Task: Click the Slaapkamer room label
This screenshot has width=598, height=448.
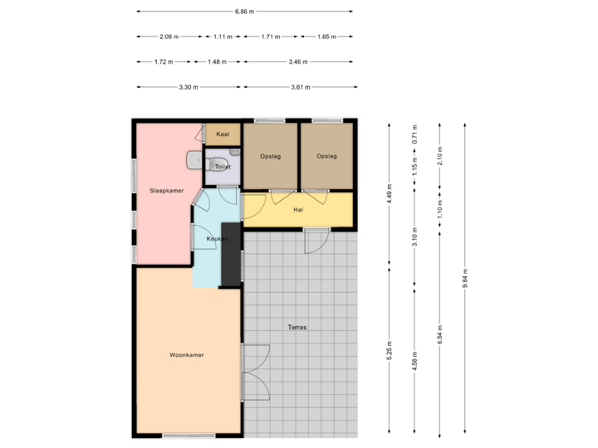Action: coord(166,191)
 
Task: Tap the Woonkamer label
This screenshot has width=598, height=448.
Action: coord(187,355)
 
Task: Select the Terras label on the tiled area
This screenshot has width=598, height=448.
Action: coord(297,328)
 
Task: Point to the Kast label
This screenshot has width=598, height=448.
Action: coord(223,134)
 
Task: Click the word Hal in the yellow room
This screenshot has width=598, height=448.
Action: coord(297,210)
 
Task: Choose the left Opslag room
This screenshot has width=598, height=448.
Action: coord(270,156)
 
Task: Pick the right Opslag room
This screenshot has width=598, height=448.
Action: coord(326,156)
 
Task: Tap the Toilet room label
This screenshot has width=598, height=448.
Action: coord(222,167)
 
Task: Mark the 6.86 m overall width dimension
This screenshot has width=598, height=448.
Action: coord(244,12)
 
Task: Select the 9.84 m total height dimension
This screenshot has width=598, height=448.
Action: coord(465,278)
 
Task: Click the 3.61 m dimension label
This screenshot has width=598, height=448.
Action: coord(300,86)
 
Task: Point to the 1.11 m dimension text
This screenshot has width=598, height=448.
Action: coord(223,37)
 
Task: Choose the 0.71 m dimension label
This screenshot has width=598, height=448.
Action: coord(414,133)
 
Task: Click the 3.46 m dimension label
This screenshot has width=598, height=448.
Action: coord(297,61)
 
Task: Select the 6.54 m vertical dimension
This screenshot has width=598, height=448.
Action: coord(440,334)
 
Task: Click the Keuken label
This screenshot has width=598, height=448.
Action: coord(206,239)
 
